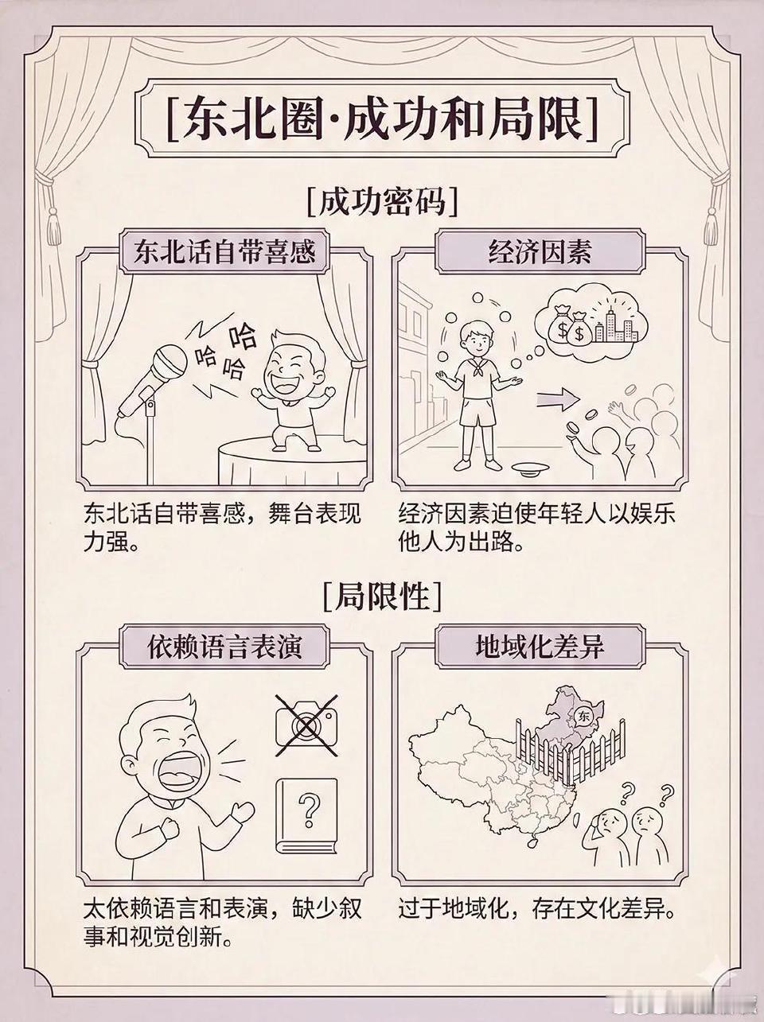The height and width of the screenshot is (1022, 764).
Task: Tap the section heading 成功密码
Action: click(382, 201)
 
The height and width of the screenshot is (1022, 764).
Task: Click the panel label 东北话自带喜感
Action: click(224, 252)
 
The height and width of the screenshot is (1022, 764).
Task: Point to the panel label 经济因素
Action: click(540, 252)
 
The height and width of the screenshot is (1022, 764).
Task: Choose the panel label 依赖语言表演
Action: click(224, 647)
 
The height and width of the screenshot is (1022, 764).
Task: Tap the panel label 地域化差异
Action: click(540, 647)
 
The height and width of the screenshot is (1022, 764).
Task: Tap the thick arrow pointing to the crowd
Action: click(558, 399)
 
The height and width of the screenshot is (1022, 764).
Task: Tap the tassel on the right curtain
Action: click(711, 223)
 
